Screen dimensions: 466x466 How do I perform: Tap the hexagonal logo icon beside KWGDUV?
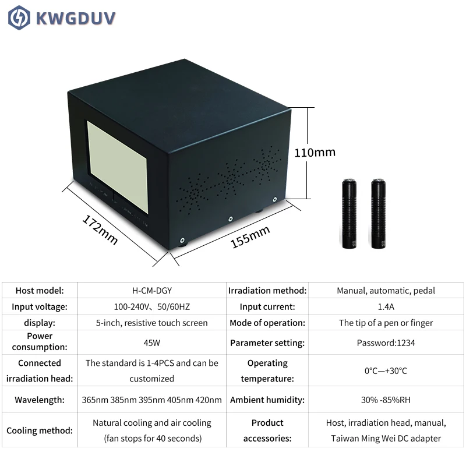pos(19,17)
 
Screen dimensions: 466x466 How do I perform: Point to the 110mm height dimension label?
pos(315,153)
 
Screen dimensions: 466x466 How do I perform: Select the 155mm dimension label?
pos(250,237)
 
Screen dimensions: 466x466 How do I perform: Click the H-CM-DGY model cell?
pos(151,291)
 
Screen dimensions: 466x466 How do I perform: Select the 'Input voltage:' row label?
pos(39,306)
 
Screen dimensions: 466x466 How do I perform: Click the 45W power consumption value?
pos(151,343)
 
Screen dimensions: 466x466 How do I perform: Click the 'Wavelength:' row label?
pos(39,400)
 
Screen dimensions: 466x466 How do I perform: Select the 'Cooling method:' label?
pos(39,431)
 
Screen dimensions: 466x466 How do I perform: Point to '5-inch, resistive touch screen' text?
pos(151,323)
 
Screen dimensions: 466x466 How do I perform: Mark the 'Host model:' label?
pos(39,291)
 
